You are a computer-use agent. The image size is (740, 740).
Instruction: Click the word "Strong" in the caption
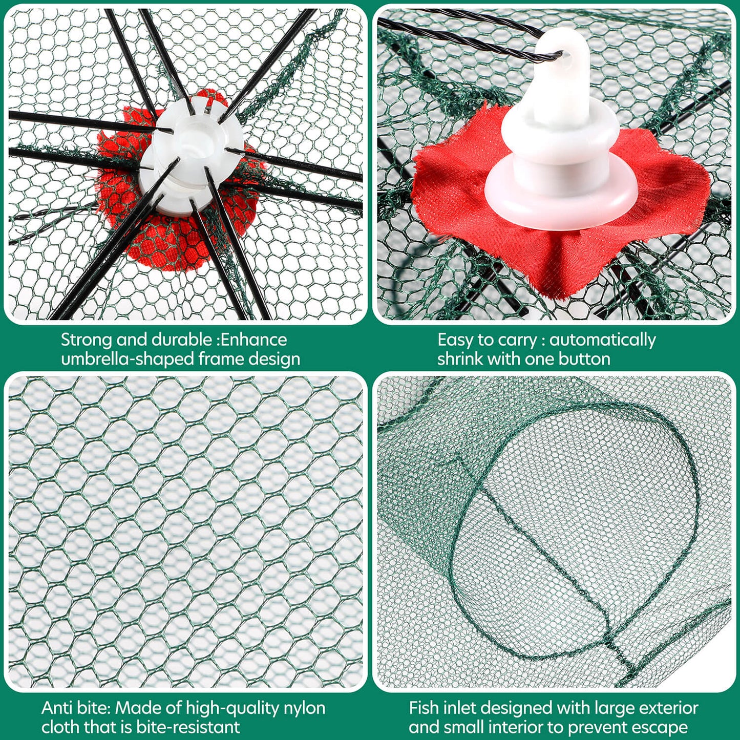(x=86, y=341)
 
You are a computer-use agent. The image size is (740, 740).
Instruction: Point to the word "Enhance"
(x=254, y=340)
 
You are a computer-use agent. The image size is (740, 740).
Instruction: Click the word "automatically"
(x=603, y=341)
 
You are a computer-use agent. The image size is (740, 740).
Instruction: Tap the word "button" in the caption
(x=584, y=359)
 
